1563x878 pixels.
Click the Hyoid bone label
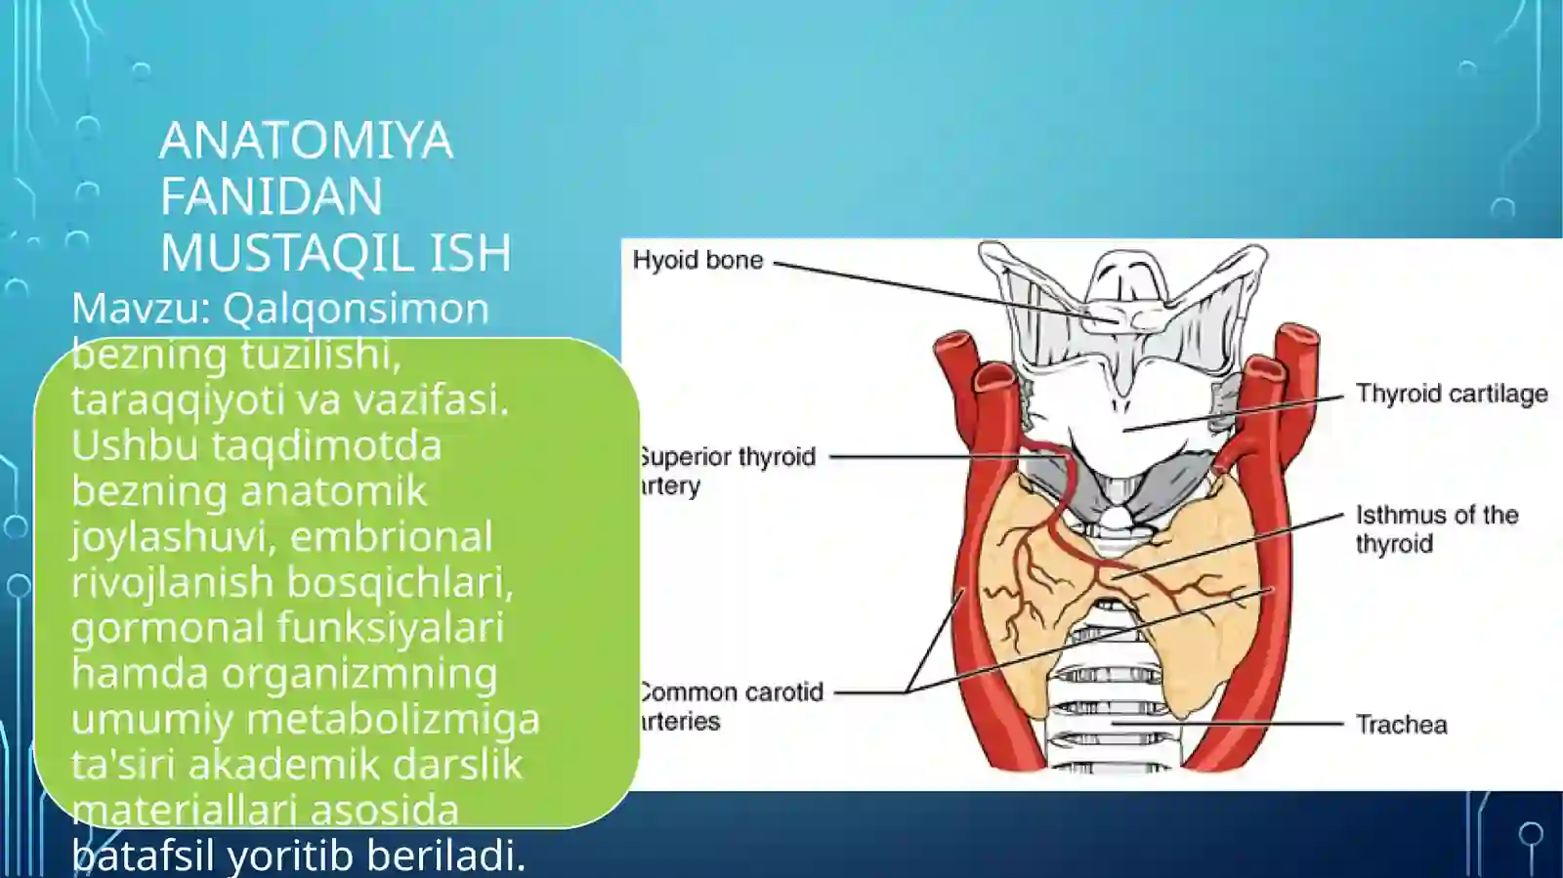tap(697, 261)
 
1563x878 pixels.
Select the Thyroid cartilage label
tap(1451, 394)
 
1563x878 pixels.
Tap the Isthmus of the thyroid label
tap(1436, 529)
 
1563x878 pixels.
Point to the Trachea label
tap(1401, 725)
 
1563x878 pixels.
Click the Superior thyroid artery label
tap(727, 471)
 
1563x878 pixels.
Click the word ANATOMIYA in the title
tap(306, 141)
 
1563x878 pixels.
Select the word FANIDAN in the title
tap(271, 196)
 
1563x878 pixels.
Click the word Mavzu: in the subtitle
tap(142, 309)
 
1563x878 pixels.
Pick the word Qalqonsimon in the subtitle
tap(356, 309)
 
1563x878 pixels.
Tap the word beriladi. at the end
tap(446, 856)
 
